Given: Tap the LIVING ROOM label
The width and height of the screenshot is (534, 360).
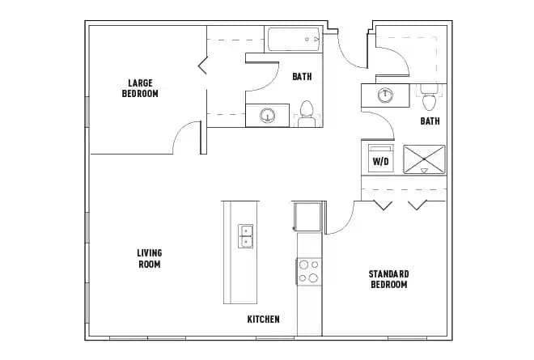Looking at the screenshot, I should pyautogui.click(x=149, y=258).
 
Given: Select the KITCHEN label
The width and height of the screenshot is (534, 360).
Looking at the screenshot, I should pyautogui.click(x=263, y=320).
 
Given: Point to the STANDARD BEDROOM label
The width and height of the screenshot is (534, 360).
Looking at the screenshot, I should pyautogui.click(x=388, y=279).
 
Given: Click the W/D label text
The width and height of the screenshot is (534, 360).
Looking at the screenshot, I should pyautogui.click(x=379, y=162).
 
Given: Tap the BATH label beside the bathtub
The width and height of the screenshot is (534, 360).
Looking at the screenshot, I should pyautogui.click(x=302, y=77).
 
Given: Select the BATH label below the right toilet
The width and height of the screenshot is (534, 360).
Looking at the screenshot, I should pyautogui.click(x=430, y=121).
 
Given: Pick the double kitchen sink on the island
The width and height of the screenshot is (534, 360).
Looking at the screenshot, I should pyautogui.click(x=246, y=237).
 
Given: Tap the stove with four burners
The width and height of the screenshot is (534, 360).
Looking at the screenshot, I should pyautogui.click(x=308, y=270).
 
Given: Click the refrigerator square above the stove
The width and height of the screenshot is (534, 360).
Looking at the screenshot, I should pyautogui.click(x=308, y=217).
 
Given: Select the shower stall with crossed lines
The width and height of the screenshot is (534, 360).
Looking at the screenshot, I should pyautogui.click(x=424, y=159).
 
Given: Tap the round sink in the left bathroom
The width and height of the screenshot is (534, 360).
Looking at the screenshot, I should pyautogui.click(x=267, y=116).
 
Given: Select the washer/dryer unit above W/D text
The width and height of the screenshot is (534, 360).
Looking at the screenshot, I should pyautogui.click(x=379, y=150).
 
